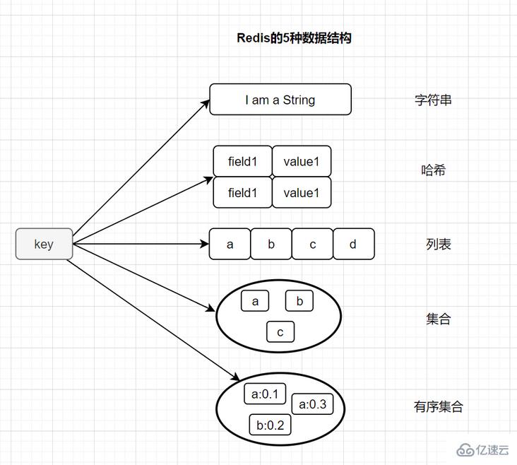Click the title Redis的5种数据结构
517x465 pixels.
click(x=294, y=38)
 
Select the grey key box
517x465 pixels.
click(x=44, y=244)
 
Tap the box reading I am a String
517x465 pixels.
click(x=280, y=100)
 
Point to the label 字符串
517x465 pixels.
click(x=433, y=100)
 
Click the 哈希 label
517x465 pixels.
click(x=433, y=170)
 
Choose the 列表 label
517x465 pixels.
click(x=438, y=245)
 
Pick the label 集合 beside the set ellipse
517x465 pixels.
click(x=438, y=319)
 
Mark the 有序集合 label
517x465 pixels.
click(x=438, y=406)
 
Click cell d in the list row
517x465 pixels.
click(x=353, y=245)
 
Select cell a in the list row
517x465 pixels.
click(x=230, y=245)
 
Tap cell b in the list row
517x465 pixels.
click(x=271, y=245)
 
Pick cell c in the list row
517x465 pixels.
click(x=312, y=245)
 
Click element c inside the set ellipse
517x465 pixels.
click(x=280, y=331)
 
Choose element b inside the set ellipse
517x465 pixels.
click(x=299, y=301)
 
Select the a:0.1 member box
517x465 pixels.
click(x=266, y=394)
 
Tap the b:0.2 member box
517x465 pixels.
click(x=270, y=425)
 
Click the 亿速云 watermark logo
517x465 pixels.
click(x=484, y=450)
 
